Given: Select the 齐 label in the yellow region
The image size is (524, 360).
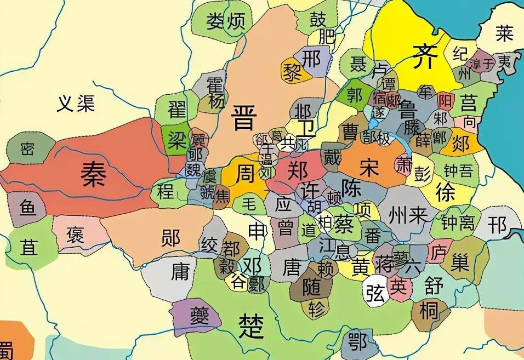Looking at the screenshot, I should tap(426, 55).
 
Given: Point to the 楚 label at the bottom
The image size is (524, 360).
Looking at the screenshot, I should tap(252, 327).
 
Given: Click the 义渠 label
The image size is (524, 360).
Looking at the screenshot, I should tap(76, 104).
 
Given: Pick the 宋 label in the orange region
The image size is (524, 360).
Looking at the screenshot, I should tap(369, 167).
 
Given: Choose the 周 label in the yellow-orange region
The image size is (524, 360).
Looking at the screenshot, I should tap(244, 174).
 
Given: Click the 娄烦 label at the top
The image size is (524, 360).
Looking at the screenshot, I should tap(225, 22).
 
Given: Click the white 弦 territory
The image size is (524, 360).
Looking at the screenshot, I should tap(376, 293).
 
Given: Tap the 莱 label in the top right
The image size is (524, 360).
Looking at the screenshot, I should tap(504, 34).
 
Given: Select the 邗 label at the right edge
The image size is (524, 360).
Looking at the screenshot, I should tap(498, 224).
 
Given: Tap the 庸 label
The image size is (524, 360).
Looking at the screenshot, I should tap(180, 272).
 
